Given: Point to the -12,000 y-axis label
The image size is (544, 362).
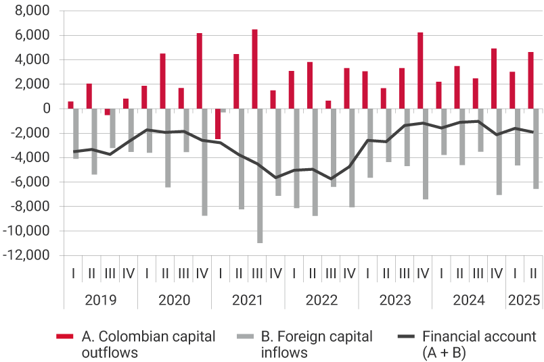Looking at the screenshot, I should coord(27,256).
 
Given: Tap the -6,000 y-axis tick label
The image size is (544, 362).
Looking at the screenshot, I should coord(30,182).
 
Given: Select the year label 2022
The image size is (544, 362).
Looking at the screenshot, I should coord(321,300).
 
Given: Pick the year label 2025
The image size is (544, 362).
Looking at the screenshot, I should coord(524,300).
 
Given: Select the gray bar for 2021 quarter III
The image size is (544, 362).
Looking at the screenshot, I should coord(259,176).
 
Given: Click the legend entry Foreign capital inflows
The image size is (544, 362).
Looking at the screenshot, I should coord(308,344).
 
